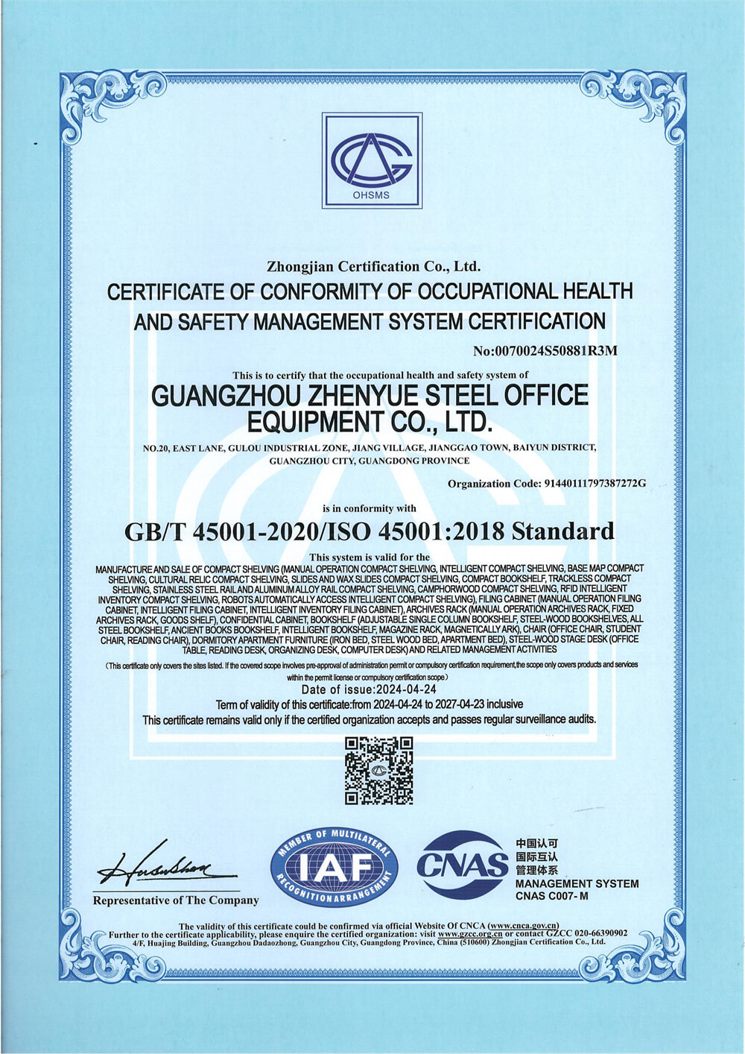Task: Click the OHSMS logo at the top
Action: pos(372,161)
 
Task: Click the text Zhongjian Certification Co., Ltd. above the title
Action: pos(373,266)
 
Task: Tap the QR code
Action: pos(378,770)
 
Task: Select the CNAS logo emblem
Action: pos(462,865)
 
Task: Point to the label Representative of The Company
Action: pos(176,900)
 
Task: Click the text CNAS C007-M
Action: pos(551,896)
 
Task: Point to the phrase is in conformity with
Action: pos(369,508)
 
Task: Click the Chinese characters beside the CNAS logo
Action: pos(536,857)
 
